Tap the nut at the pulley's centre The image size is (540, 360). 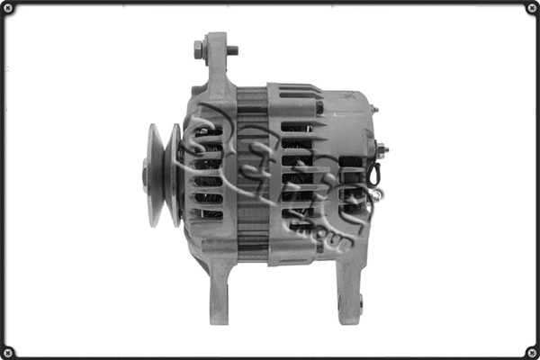click(x=145, y=175)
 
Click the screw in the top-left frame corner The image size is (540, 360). click(x=10, y=10)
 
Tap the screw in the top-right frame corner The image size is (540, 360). click(x=529, y=10)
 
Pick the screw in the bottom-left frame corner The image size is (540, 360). click(x=10, y=349)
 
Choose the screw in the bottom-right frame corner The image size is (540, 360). click(x=529, y=349)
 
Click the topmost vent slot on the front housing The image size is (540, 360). click(x=209, y=131)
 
